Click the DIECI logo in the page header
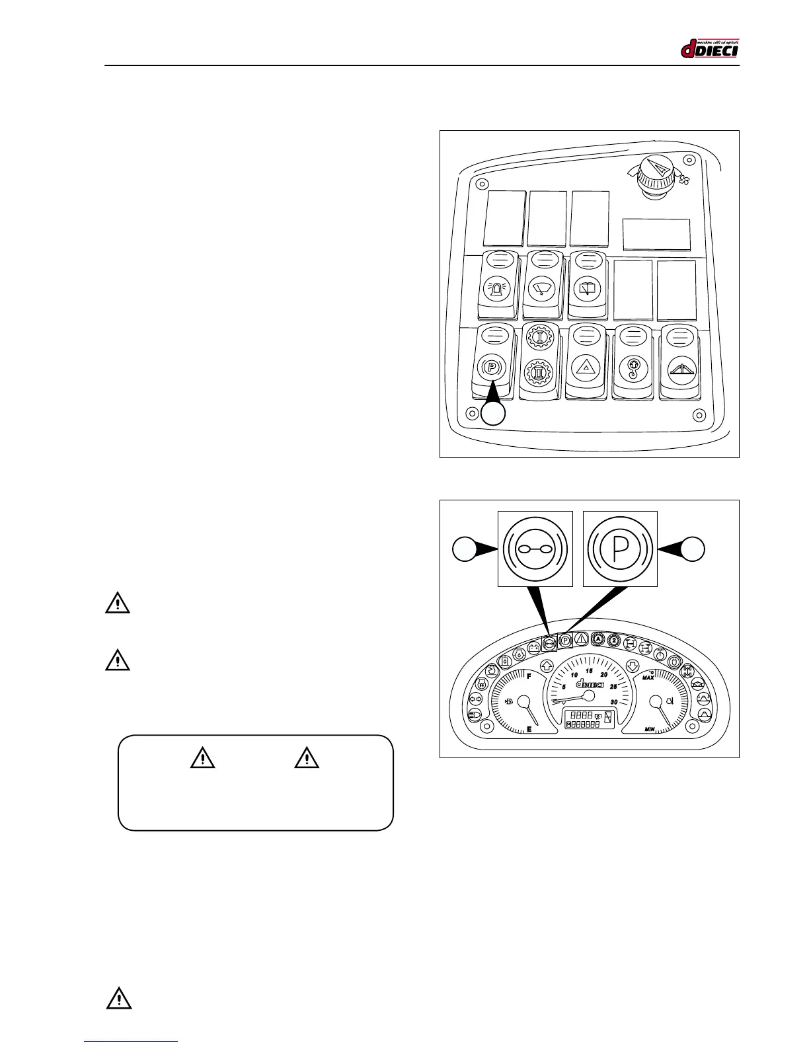tap(709, 48)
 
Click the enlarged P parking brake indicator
tap(620, 548)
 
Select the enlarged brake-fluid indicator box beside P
tap(535, 548)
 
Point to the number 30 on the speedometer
tap(614, 702)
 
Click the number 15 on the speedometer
tap(589, 671)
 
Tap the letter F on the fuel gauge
tap(529, 676)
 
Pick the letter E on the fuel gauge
tap(529, 730)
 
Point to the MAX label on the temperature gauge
tap(648, 677)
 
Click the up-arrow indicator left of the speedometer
tap(547, 666)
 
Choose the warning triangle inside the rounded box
tap(202, 758)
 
